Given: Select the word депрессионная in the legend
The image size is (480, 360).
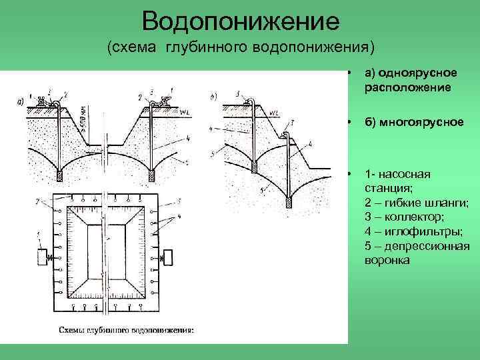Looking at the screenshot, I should pos(424,245).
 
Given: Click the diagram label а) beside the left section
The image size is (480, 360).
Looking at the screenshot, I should pos(20,102).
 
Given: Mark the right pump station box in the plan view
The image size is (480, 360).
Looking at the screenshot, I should pos(168,256).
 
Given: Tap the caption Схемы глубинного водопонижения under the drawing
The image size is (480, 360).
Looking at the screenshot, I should pos(126,329).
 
